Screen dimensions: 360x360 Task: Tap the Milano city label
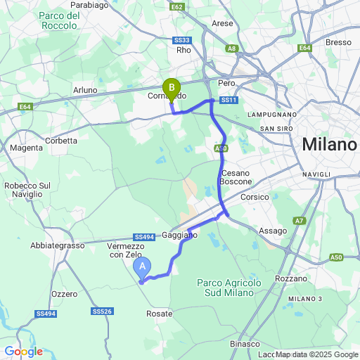click(x=329, y=146)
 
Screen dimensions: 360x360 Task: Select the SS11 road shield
click(x=229, y=101)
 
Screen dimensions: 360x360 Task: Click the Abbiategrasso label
click(x=57, y=245)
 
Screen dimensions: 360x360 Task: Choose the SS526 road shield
click(x=102, y=311)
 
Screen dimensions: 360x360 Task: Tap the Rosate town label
click(x=160, y=314)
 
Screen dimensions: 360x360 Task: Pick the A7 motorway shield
click(x=300, y=221)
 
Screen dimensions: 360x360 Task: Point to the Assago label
click(x=273, y=231)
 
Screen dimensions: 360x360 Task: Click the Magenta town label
click(x=26, y=148)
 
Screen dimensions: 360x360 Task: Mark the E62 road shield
click(x=176, y=6)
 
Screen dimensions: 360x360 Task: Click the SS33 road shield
click(x=184, y=40)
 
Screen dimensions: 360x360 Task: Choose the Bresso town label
click(x=338, y=42)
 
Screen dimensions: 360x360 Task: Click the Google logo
click(x=23, y=352)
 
